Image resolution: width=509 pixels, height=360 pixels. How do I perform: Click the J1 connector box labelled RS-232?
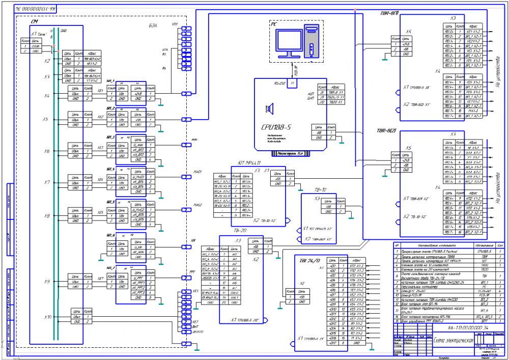(x=292, y=83)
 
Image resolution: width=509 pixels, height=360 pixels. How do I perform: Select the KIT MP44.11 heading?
(x=249, y=163)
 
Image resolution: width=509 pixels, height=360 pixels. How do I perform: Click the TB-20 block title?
(x=238, y=230)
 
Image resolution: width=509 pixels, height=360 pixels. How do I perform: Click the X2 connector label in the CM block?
(x=47, y=61)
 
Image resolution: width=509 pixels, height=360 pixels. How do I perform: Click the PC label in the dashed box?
(x=274, y=24)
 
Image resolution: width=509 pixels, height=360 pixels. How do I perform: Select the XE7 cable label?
(x=101, y=279)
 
